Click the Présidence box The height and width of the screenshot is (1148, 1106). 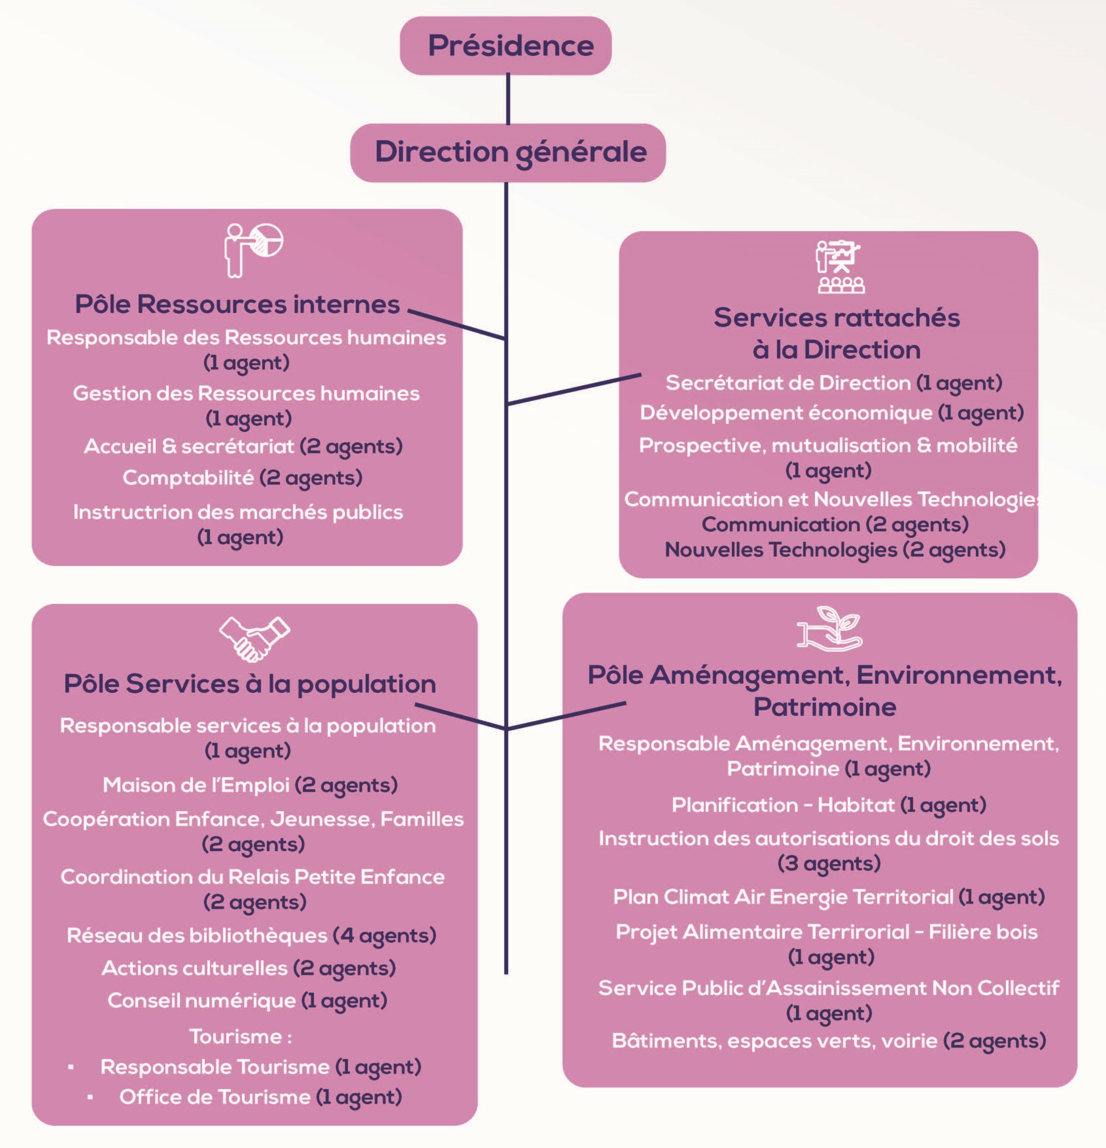505,46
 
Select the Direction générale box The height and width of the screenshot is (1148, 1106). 508,152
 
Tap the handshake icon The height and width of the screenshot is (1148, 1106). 254,639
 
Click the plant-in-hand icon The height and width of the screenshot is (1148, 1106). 830,628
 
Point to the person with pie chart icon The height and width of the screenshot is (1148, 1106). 253,249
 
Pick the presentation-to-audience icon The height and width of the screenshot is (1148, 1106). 840,266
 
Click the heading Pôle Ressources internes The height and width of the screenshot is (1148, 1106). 237,304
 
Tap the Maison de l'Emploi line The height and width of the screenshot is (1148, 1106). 250,785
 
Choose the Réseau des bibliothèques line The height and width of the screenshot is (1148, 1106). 251,935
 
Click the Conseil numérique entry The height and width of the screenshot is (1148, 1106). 247,1000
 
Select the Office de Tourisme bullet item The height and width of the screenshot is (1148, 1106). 261,1097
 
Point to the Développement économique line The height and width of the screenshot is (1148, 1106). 831,413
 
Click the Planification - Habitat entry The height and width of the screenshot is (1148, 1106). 828,805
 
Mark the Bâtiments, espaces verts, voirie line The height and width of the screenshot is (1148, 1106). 828,1041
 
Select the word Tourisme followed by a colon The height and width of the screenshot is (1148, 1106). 240,1037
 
